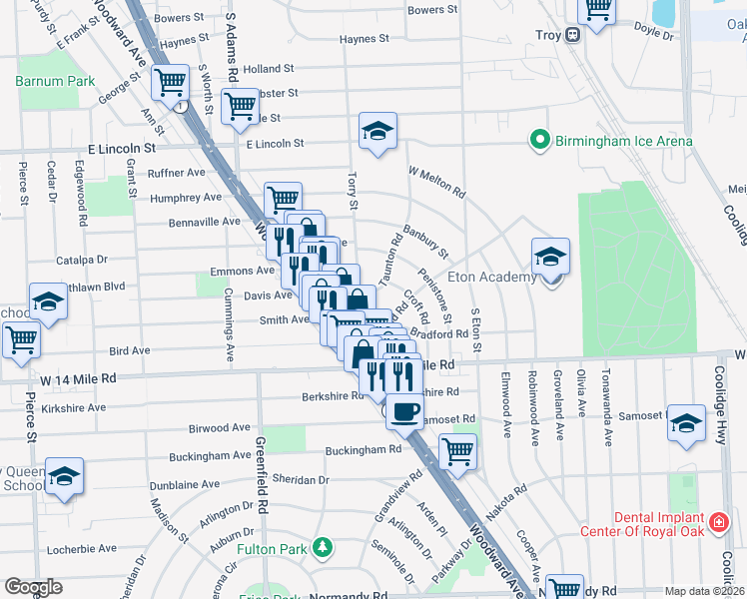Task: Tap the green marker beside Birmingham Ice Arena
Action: pyautogui.click(x=540, y=141)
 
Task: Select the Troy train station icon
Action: pyautogui.click(x=573, y=34)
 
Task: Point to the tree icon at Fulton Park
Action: pyautogui.click(x=322, y=547)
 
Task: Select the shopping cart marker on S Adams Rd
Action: pyautogui.click(x=241, y=105)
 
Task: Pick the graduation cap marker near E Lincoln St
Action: pyautogui.click(x=377, y=132)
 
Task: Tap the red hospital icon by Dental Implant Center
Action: pyautogui.click(x=717, y=522)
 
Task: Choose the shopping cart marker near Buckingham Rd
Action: pyautogui.click(x=457, y=450)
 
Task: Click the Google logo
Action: pyautogui.click(x=33, y=587)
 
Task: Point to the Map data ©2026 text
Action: pyautogui.click(x=704, y=591)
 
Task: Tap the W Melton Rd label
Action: pyautogui.click(x=436, y=181)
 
